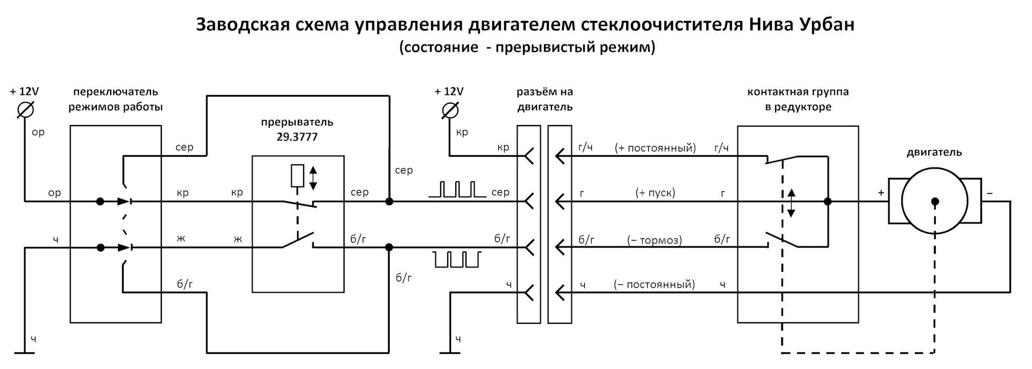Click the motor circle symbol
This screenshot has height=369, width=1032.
(x=935, y=201)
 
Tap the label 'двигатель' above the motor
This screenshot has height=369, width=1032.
(x=934, y=153)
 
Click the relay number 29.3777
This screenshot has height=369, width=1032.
(x=297, y=137)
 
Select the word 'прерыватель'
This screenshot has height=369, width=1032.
(x=297, y=122)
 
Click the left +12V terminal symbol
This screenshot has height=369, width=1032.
(x=25, y=110)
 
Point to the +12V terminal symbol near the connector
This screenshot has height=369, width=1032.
(x=449, y=110)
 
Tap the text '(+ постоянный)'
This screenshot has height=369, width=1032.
(x=655, y=148)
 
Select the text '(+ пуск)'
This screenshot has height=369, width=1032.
(x=655, y=192)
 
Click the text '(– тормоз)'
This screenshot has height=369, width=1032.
(x=655, y=240)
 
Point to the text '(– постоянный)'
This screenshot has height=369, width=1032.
(x=655, y=284)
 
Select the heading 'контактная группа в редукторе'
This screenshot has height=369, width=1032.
(x=798, y=99)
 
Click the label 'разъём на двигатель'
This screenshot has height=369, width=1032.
(x=544, y=99)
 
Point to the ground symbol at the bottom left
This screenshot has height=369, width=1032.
(x=25, y=353)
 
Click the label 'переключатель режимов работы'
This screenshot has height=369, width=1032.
(x=116, y=99)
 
